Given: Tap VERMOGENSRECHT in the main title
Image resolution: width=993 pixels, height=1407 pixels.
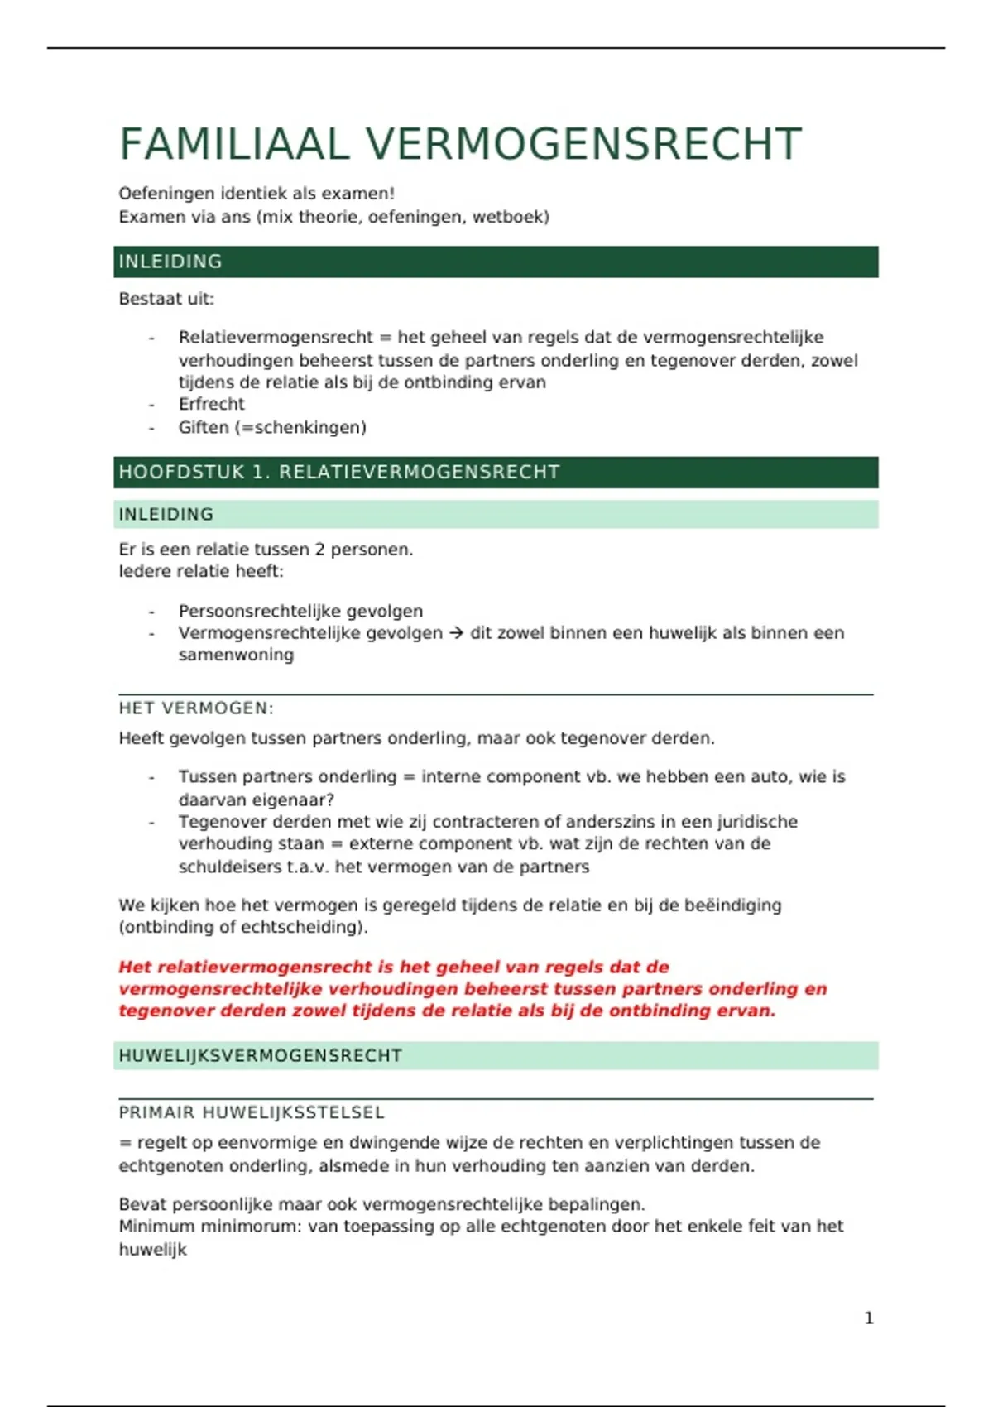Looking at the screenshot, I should click(583, 144).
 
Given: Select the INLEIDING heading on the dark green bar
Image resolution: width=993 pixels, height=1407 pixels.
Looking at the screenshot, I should click(170, 262).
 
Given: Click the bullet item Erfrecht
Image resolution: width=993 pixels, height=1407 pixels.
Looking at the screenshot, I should click(212, 404).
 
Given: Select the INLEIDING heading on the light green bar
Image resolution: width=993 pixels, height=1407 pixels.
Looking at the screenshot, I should click(166, 514).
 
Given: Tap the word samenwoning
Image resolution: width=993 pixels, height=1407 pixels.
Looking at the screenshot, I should click(236, 655).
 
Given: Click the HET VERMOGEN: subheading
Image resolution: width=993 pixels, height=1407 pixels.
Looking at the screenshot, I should click(196, 708).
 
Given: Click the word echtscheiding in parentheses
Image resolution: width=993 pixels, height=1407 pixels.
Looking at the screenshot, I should click(303, 927).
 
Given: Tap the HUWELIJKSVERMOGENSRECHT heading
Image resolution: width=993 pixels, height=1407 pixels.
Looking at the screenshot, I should click(261, 1055).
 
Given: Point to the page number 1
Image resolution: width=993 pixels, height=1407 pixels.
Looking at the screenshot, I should click(869, 1318).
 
